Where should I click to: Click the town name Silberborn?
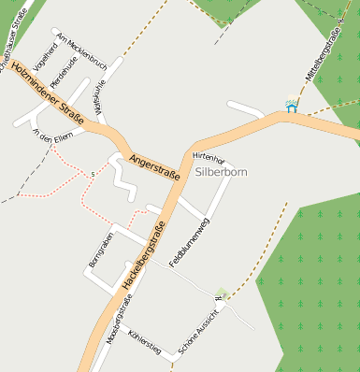tap(223, 173)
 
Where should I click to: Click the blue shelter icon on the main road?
tap(291, 107)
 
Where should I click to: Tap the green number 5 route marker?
tap(93, 174)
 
